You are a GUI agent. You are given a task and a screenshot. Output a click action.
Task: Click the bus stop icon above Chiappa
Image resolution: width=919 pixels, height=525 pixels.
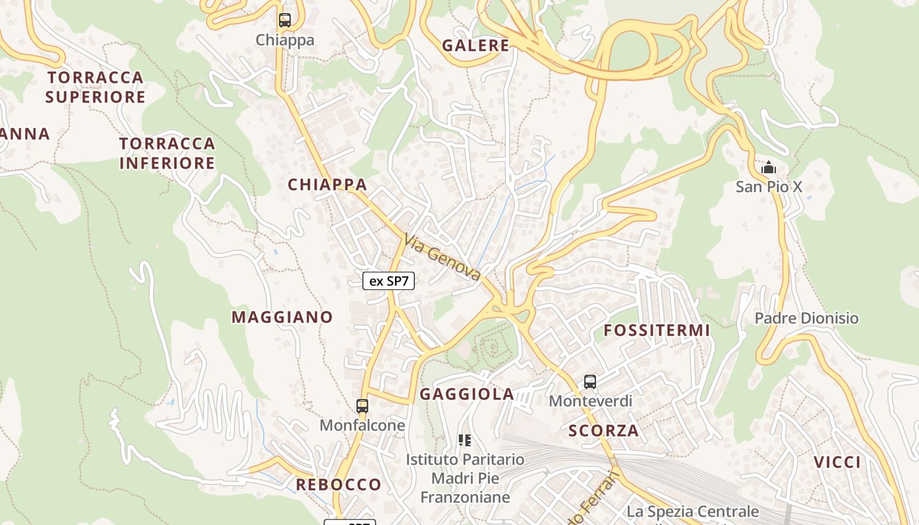click(284, 20)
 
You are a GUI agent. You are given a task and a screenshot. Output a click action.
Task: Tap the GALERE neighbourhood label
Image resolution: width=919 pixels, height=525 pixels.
click(475, 45)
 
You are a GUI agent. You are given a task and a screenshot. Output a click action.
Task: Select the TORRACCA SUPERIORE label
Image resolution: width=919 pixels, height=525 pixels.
click(95, 87)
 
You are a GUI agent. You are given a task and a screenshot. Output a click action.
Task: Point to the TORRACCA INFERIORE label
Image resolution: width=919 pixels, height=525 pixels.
click(167, 153)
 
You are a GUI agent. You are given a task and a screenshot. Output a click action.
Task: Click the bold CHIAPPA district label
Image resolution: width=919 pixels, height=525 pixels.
click(327, 185)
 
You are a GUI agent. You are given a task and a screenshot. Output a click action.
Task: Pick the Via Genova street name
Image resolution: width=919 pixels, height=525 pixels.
click(442, 257)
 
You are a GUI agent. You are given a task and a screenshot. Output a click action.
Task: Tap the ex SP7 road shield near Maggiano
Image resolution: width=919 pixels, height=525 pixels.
click(389, 282)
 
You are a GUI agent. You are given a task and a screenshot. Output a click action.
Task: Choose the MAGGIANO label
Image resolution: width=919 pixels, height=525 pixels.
click(282, 317)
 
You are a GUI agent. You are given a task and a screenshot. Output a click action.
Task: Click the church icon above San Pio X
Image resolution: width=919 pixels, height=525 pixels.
click(768, 168)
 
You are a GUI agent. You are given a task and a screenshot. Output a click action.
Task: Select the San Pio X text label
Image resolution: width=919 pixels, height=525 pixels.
click(769, 187)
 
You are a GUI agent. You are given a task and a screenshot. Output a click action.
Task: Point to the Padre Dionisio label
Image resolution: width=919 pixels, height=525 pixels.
click(806, 318)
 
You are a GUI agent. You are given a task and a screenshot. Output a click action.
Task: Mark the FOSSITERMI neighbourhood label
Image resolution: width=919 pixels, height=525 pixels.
click(656, 330)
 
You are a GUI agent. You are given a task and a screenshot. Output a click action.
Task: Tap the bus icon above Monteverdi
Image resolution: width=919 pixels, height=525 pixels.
click(590, 382)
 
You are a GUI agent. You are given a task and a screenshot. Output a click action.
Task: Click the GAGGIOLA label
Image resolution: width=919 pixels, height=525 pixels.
click(467, 394)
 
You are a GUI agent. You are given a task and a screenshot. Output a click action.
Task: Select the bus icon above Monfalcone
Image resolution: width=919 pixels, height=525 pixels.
click(362, 406)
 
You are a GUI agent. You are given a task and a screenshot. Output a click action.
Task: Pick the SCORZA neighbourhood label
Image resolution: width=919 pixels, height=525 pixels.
click(603, 431)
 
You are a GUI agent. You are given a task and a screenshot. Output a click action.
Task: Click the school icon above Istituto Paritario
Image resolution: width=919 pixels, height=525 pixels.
click(465, 440)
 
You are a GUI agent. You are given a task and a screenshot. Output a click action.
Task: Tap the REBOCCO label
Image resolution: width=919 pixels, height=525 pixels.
click(338, 485)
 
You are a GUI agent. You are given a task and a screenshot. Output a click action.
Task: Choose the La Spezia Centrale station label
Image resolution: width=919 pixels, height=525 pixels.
click(693, 511)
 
